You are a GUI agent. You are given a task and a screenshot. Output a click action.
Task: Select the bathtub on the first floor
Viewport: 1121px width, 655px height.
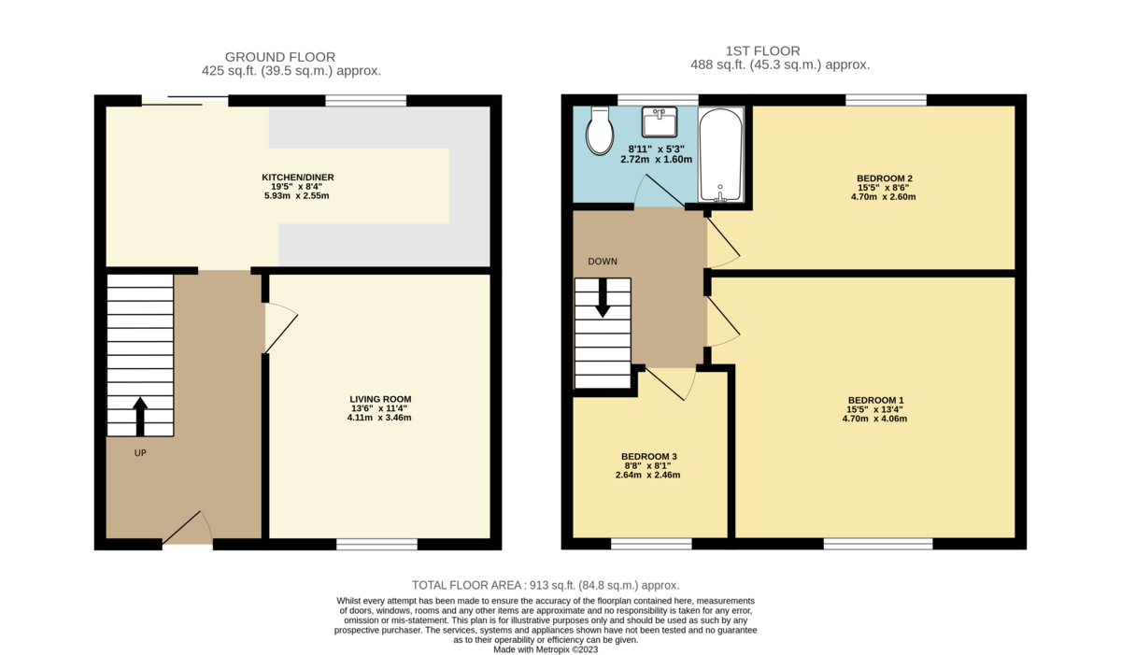point(721,154)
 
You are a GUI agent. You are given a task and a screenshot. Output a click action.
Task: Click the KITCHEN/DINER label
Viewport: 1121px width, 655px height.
point(298,178)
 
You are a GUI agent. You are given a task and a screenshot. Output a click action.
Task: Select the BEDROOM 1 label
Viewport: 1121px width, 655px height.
point(873,400)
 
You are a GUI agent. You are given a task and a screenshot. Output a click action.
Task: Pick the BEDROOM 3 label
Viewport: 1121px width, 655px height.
point(648,456)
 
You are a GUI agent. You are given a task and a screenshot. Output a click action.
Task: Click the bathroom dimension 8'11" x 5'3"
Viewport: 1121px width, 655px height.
point(658,149)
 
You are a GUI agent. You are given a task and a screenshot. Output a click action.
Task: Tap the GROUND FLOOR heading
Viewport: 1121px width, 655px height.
point(280,57)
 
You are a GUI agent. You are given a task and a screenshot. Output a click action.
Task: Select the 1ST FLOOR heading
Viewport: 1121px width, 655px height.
point(775,51)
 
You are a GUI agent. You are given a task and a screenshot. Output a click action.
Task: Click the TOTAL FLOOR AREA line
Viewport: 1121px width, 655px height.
point(546,585)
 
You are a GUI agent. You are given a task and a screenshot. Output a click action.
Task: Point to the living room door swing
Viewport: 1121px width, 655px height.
point(280,327)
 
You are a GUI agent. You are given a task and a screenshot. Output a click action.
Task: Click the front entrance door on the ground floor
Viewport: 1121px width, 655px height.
point(189,530)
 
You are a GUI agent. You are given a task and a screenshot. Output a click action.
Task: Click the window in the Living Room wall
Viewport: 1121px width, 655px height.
point(376,544)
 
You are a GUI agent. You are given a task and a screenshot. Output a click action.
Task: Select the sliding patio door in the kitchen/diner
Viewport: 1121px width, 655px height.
point(185,99)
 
